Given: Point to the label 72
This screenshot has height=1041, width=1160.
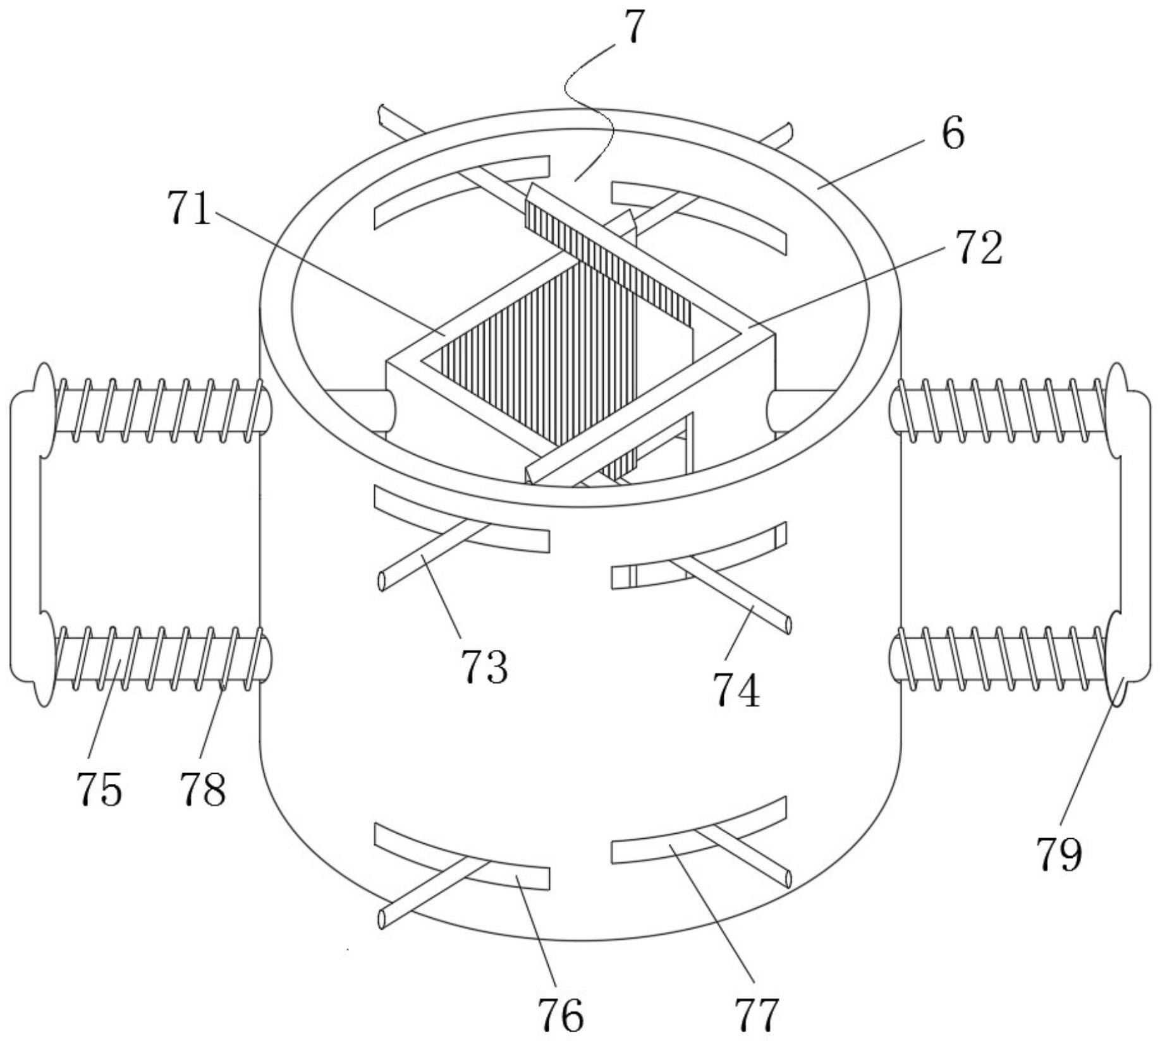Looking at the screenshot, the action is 979,248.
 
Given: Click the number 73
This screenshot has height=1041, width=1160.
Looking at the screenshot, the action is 484,666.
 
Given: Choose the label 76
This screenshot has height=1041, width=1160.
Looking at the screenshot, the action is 560,1015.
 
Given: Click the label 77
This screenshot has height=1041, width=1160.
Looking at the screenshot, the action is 757,1015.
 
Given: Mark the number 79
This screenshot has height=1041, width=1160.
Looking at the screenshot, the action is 1059,854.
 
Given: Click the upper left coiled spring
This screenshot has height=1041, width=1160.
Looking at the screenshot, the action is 158,410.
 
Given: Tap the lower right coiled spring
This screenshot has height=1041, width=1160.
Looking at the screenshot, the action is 1003,658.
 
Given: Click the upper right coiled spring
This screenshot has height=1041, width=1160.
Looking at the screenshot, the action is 1003,410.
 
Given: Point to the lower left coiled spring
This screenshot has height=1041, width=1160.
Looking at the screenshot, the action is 158,658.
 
